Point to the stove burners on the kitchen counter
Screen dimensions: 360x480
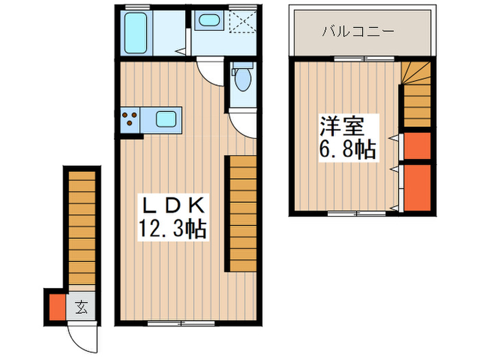129,121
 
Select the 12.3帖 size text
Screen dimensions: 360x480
173,228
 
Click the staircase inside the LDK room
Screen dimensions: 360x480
242,213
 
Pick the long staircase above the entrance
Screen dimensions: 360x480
82,226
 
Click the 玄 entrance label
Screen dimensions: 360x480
81,307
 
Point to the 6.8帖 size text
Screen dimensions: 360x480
348,149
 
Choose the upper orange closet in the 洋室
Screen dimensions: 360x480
416,145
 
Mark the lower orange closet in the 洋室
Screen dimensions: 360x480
416,187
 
